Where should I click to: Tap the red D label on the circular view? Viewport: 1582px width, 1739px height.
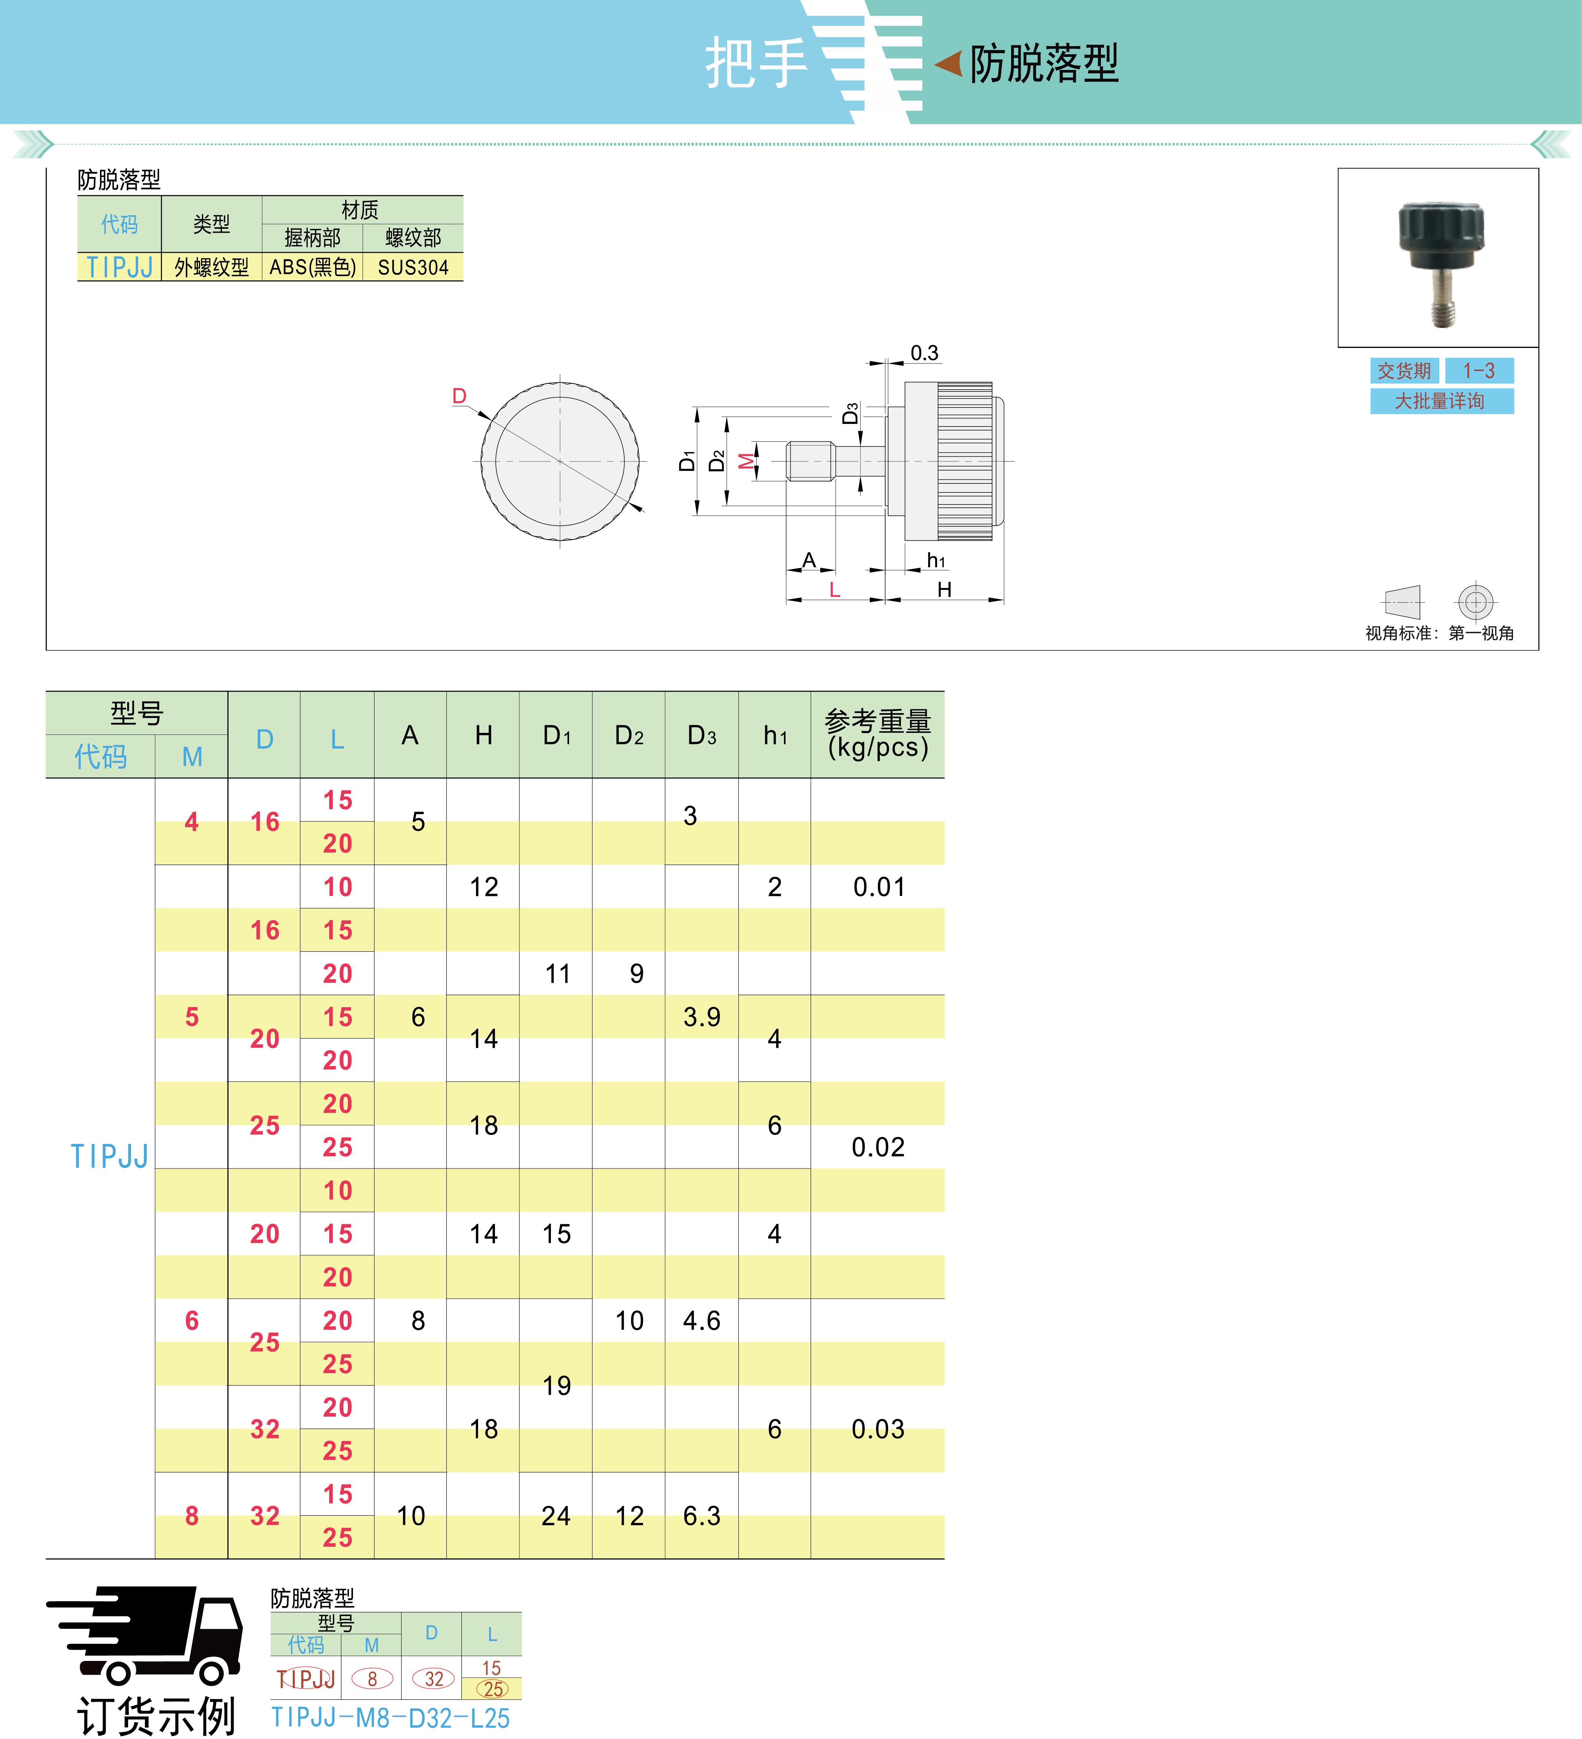[459, 396]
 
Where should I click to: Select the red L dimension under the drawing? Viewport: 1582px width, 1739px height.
[834, 590]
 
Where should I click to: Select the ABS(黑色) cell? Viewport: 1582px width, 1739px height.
[312, 267]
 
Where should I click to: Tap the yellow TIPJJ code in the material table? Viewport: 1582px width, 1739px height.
[120, 267]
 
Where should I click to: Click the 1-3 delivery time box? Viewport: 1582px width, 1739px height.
[1478, 371]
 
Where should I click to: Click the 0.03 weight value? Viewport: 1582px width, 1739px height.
[878, 1429]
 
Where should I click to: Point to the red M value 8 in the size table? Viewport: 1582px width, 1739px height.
[192, 1516]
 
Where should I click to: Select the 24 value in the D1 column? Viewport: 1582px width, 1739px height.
[556, 1516]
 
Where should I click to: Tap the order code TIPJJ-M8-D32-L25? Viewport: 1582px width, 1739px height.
[390, 1717]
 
